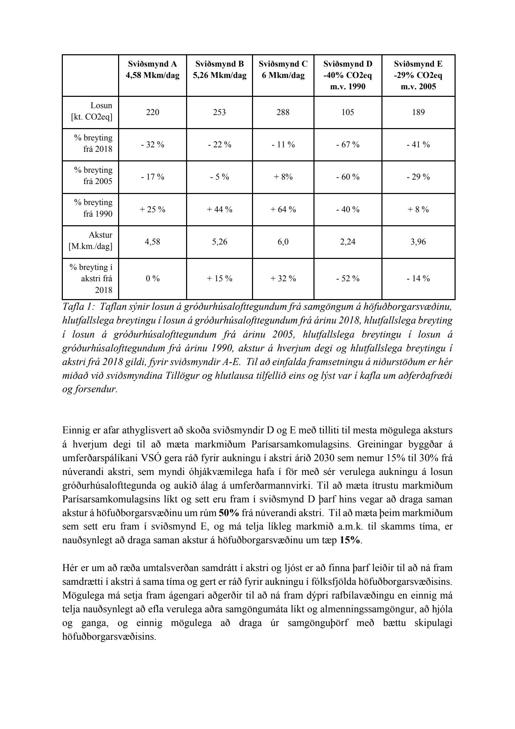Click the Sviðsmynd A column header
(x=152, y=70)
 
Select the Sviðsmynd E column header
(x=418, y=75)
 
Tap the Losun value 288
(x=283, y=112)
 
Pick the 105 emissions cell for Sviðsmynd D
(x=347, y=112)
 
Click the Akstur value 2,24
(x=347, y=242)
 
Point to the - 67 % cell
(x=347, y=145)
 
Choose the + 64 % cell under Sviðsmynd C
(x=283, y=209)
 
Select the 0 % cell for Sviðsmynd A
(x=152, y=278)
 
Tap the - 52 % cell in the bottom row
(x=347, y=278)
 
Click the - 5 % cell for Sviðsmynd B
(x=219, y=177)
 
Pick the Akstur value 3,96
(x=418, y=242)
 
